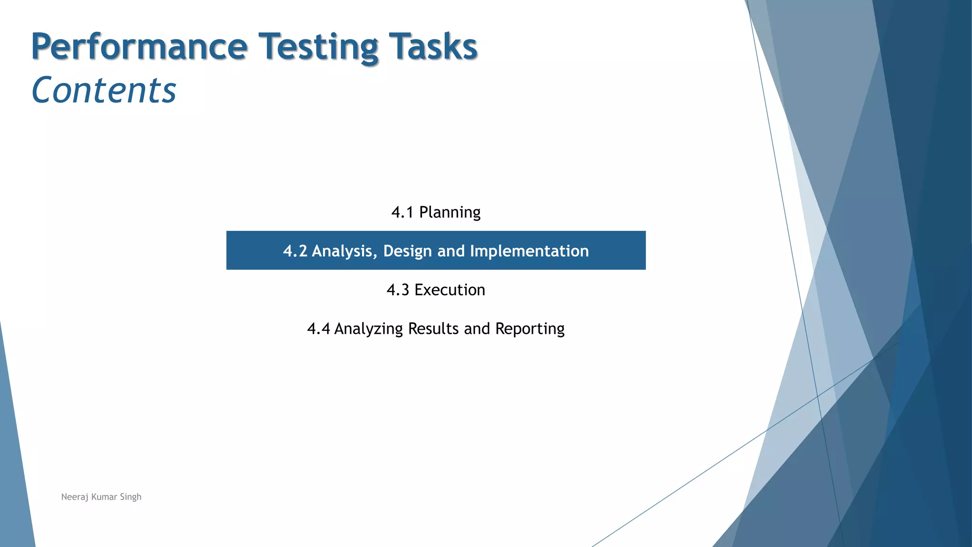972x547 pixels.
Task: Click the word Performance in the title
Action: (x=139, y=47)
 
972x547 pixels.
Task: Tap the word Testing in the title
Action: (x=318, y=47)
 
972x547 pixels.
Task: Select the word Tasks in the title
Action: (x=432, y=47)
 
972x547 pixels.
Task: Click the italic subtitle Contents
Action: (x=104, y=90)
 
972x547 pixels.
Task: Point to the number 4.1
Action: (x=402, y=212)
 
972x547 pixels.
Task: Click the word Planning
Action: (x=449, y=212)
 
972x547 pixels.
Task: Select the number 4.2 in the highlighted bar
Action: (x=295, y=251)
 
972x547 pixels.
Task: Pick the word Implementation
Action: (x=529, y=251)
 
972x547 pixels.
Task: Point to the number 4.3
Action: (x=398, y=290)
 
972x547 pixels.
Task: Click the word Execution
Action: (x=449, y=290)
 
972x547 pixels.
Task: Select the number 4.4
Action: (x=318, y=329)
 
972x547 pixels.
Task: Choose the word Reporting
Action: (x=530, y=329)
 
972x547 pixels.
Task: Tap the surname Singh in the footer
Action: (x=131, y=497)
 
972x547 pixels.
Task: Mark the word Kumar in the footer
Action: (x=104, y=497)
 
